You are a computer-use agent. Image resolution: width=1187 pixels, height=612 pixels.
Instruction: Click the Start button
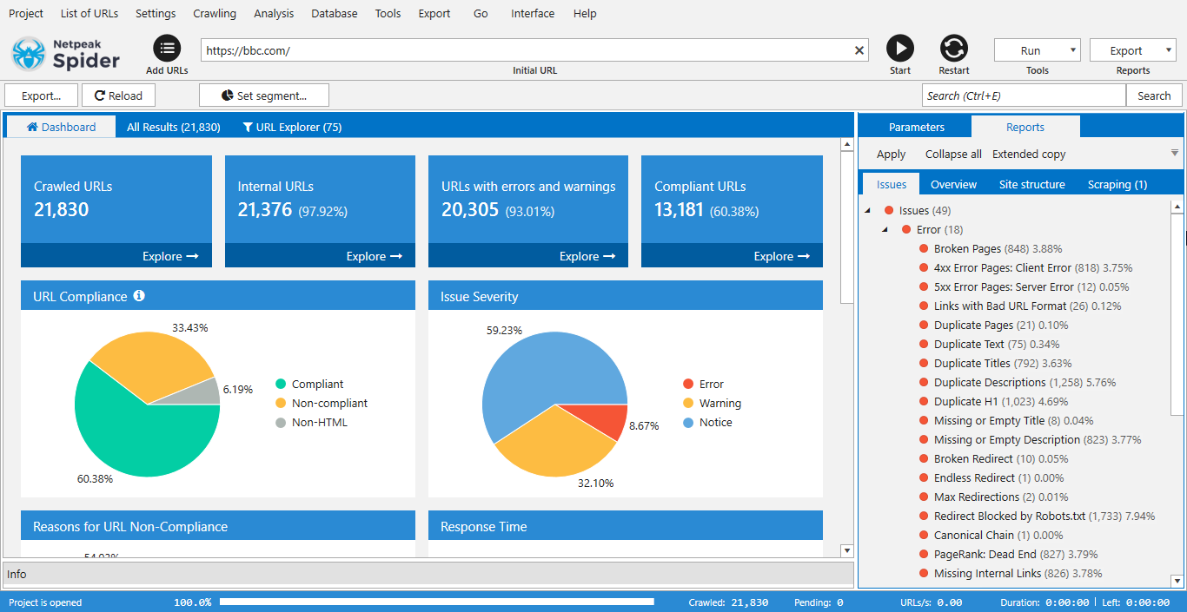coord(900,49)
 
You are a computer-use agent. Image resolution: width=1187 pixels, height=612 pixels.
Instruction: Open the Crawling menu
coord(215,13)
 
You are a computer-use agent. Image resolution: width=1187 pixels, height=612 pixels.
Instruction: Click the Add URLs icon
coord(167,49)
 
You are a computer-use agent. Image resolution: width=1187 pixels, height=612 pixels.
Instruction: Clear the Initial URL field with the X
coord(859,50)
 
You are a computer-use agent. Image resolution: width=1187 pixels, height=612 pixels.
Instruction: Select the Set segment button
coord(264,95)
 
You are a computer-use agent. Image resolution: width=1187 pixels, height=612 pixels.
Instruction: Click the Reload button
coord(118,95)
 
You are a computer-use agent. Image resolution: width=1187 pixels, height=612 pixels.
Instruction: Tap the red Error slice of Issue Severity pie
coord(608,420)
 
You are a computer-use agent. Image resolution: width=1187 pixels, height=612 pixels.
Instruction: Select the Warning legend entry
coord(719,403)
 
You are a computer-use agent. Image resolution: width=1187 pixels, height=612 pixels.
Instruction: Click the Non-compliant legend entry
coord(329,403)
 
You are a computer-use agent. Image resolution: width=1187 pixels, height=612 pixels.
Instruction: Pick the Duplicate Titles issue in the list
coord(971,363)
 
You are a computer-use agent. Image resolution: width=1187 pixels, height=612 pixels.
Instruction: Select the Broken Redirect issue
coord(973,458)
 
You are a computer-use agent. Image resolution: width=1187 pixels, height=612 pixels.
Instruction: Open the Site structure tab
coord(1031,184)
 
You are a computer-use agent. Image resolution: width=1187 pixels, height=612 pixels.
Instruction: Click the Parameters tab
coord(916,127)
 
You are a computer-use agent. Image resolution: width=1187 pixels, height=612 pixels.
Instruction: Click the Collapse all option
coord(953,154)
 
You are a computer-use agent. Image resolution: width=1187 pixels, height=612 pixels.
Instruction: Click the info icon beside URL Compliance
coord(139,296)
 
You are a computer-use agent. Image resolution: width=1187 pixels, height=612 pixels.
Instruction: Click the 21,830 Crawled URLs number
coord(62,209)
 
